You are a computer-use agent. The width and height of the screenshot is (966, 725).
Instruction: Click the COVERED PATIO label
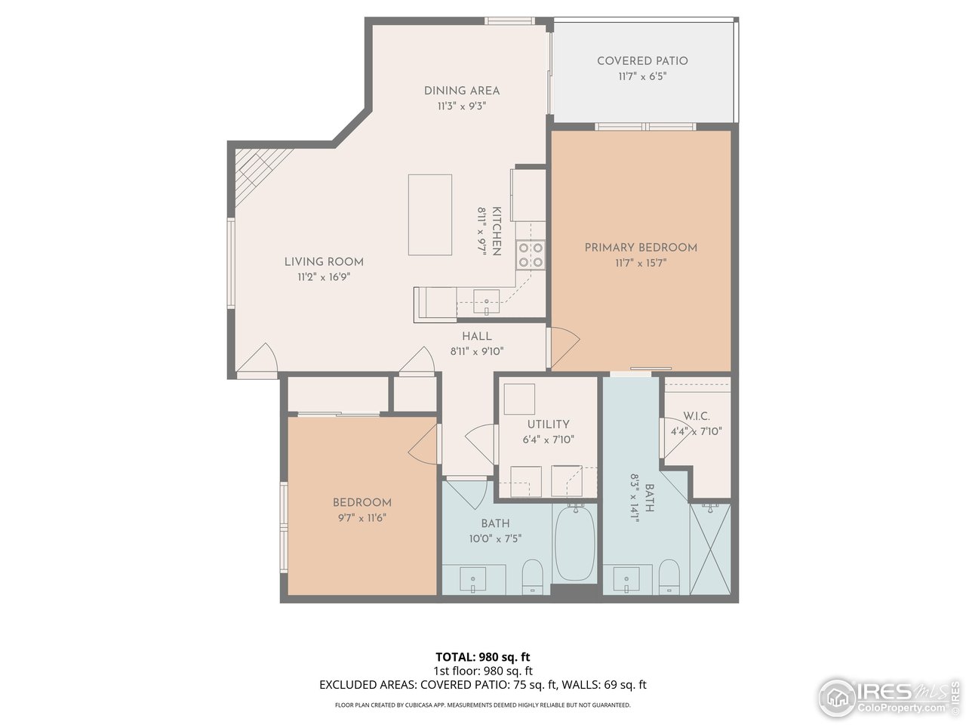tap(642, 61)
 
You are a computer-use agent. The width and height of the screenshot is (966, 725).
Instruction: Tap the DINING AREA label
tap(462, 91)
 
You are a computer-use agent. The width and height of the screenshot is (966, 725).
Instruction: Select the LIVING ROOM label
tap(324, 262)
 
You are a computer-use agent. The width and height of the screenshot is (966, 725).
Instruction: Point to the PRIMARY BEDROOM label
tap(641, 248)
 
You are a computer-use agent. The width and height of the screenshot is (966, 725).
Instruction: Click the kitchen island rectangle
tap(430, 214)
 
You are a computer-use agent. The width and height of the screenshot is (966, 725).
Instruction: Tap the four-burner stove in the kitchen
tap(531, 255)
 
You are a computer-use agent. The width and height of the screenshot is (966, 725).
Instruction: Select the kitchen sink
tap(486, 301)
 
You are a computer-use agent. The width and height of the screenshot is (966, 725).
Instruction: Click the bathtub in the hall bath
tap(575, 544)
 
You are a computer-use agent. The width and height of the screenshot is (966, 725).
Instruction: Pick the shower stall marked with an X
tap(710, 549)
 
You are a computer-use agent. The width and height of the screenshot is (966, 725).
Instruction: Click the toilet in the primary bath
tap(669, 577)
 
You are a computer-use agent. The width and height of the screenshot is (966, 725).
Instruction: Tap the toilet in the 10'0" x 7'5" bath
tap(533, 577)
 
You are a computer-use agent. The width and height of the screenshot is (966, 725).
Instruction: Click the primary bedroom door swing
tap(565, 348)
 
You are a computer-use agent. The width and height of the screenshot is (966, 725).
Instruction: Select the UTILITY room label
tap(549, 424)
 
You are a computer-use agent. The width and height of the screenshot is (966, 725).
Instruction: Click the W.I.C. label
tap(697, 416)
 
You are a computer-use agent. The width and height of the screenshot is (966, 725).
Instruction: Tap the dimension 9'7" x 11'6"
tap(362, 518)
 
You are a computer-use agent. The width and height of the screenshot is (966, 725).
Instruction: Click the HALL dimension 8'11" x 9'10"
tap(477, 352)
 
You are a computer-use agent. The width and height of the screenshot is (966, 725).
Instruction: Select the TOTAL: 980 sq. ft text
tap(483, 657)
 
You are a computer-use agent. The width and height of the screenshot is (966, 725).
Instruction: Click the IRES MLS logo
tap(888, 698)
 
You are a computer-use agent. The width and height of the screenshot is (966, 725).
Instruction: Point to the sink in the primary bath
tap(626, 578)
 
